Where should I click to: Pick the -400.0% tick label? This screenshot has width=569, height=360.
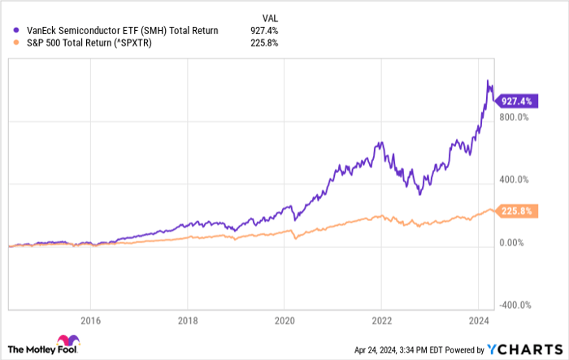[515, 305]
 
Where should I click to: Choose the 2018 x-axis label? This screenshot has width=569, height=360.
[188, 319]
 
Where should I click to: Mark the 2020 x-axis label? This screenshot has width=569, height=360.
[284, 319]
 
